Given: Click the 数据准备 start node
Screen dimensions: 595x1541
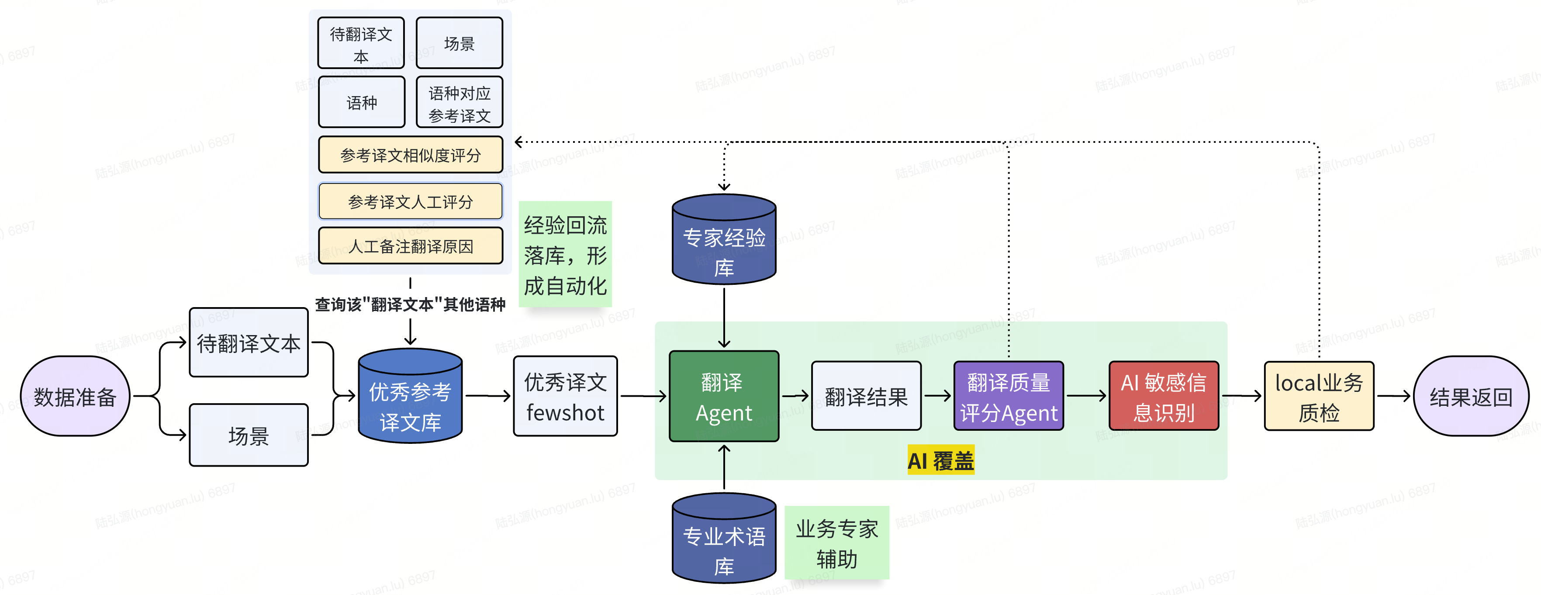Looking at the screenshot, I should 75,396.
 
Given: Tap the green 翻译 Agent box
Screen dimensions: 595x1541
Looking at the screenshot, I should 724,396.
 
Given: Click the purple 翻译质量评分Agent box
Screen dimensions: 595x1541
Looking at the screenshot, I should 1009,396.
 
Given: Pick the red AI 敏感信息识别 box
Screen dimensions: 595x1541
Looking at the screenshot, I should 1164,396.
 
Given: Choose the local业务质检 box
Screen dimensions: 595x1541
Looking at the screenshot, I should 1319,396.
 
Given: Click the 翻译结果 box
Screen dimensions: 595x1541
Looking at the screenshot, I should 866,396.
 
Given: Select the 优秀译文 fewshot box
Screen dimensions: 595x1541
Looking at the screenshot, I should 565,396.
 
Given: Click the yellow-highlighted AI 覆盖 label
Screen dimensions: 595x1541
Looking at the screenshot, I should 940,460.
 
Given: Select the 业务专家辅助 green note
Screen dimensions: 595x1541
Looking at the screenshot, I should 836,543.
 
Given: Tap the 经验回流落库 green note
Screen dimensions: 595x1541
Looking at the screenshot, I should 565,255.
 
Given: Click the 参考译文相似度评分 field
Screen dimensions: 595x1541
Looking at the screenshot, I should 411,155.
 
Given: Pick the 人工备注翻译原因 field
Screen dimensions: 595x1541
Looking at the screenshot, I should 411,246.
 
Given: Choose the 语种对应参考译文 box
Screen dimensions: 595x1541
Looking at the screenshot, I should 460,103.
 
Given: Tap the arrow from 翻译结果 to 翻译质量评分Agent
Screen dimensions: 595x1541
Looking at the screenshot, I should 937,396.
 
